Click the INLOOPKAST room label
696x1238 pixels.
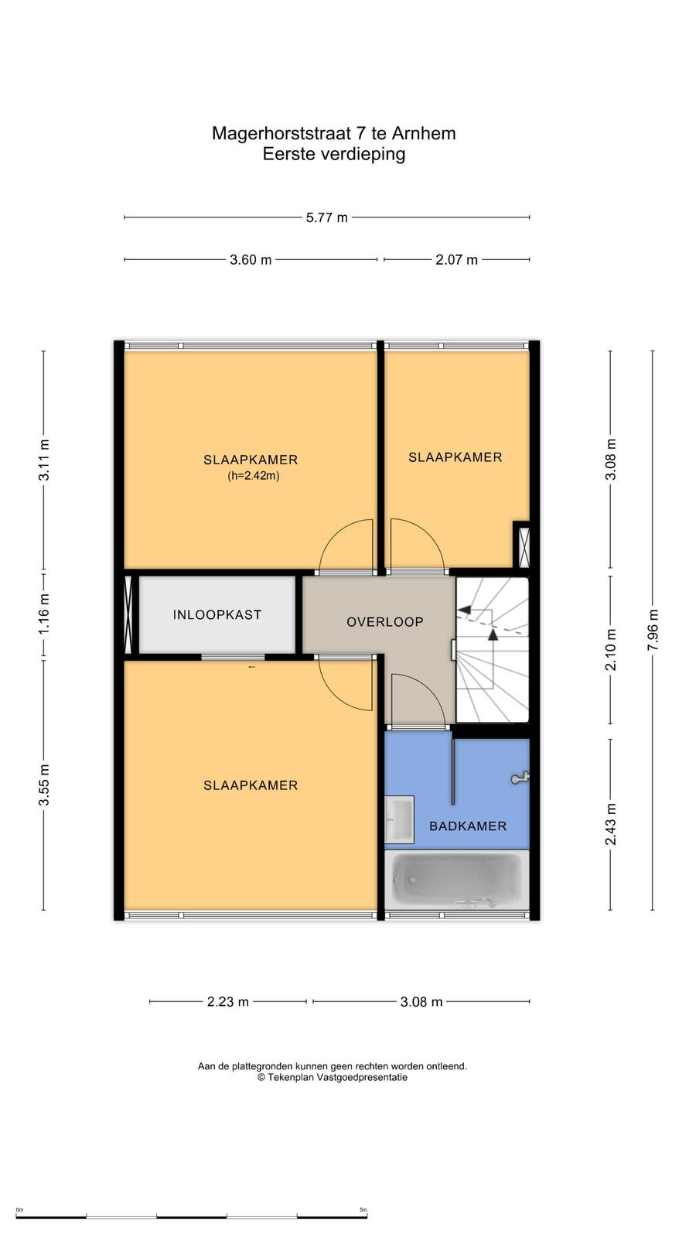(x=217, y=614)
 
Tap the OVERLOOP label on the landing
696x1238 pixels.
(x=385, y=622)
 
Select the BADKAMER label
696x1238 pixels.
(x=468, y=826)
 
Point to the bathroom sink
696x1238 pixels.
(x=399, y=819)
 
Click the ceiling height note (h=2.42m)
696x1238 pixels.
(x=254, y=476)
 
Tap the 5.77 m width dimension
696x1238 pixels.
(x=327, y=217)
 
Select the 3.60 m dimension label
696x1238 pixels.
(x=251, y=260)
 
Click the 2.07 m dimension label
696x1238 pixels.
(x=456, y=260)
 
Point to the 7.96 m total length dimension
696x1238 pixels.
(x=653, y=630)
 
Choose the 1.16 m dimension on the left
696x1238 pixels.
(x=43, y=614)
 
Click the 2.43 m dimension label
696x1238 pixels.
(x=610, y=824)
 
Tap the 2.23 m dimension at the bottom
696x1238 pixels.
(x=227, y=1001)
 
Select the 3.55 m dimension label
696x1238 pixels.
(x=43, y=785)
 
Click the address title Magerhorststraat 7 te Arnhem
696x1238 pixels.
(x=333, y=133)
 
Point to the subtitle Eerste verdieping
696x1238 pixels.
(x=333, y=154)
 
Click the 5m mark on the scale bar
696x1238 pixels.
(x=363, y=1210)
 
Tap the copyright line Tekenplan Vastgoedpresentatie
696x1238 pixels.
(x=332, y=1077)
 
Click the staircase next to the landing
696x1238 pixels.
(x=492, y=650)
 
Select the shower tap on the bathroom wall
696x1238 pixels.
(x=520, y=778)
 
